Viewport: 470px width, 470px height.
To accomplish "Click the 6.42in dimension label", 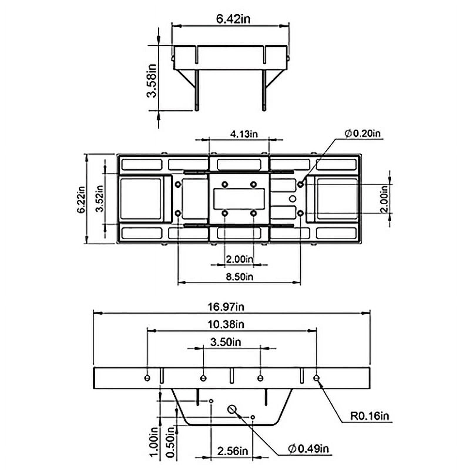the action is pos(233,19).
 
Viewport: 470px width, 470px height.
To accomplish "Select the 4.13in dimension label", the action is pos(244,134).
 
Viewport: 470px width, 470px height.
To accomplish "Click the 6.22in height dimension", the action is pos(81,199).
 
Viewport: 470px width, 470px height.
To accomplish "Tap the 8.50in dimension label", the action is pos(239,276).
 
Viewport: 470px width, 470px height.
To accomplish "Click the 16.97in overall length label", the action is pos(226,307).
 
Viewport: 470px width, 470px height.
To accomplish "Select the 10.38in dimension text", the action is pos(226,324).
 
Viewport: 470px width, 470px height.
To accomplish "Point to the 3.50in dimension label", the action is pos(226,342).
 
